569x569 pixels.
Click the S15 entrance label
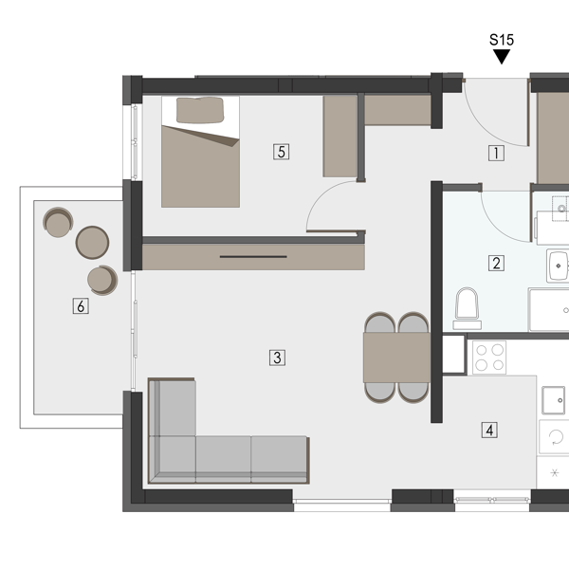[502, 40]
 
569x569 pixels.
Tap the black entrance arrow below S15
[502, 56]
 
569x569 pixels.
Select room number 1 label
[496, 153]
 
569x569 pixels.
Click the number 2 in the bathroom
[496, 263]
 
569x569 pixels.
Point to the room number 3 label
[277, 358]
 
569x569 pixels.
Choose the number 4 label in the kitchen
[489, 430]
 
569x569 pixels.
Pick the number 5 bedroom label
[282, 152]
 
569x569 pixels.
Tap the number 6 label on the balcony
[81, 306]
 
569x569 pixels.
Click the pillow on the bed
[200, 110]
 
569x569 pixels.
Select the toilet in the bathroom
[467, 308]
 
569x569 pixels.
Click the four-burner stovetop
[489, 358]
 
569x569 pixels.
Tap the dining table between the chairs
[396, 358]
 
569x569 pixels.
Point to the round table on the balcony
[92, 243]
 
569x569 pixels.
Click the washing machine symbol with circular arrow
[555, 437]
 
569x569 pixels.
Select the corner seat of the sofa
[173, 459]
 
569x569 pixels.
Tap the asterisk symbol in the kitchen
[555, 472]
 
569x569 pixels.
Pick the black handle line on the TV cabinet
[253, 257]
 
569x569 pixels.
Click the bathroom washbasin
[558, 266]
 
